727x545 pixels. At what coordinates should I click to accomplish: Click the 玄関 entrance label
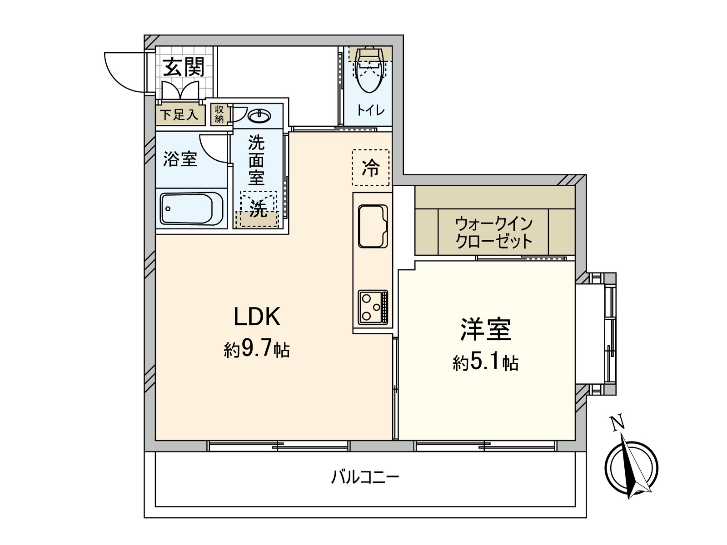point(184,68)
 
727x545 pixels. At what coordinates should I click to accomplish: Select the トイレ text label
point(370,110)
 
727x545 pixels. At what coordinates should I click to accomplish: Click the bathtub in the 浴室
point(191,208)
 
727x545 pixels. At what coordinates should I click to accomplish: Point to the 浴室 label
point(180,159)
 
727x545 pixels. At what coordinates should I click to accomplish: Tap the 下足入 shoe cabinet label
point(179,114)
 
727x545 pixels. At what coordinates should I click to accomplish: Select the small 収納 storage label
point(219,114)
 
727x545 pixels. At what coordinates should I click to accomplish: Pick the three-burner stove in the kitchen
point(373,307)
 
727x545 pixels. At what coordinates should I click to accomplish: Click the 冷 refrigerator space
point(371,168)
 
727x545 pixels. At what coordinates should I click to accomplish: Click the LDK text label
point(257,317)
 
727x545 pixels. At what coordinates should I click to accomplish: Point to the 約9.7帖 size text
point(257,349)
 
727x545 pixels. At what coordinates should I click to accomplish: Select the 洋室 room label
point(485,329)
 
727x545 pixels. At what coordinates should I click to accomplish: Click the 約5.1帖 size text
point(485,362)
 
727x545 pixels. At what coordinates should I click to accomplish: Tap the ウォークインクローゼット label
point(493,232)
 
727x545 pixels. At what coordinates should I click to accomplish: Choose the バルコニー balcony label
point(365,477)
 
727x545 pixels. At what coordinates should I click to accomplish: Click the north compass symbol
point(631,466)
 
